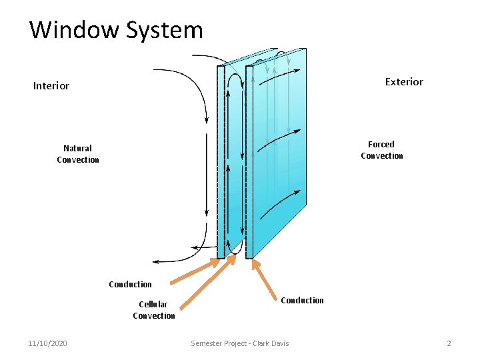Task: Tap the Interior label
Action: pos(51,85)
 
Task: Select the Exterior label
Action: pos(404,81)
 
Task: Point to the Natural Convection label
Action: pos(78,154)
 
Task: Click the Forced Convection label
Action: pos(381,150)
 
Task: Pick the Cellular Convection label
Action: pos(153,310)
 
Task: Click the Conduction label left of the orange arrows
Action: pos(130,284)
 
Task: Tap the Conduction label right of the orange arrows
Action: pos(302,300)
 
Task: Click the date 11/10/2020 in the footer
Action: pos(47,343)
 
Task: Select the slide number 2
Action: pos(449,343)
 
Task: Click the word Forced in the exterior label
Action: pos(381,144)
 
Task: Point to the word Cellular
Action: pos(153,304)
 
